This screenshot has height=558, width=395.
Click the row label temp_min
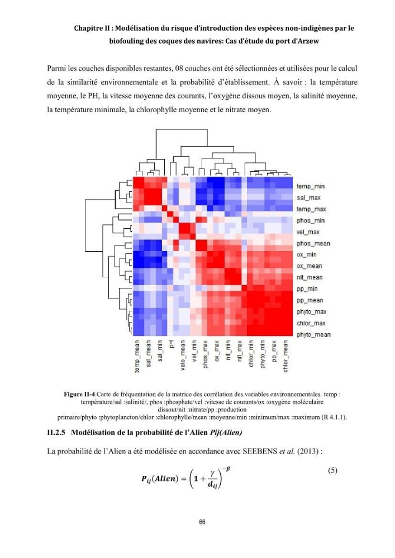[x=310, y=186]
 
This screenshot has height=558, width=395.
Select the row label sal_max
[x=308, y=198]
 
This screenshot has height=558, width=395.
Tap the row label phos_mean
[x=313, y=243]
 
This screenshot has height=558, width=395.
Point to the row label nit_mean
[x=310, y=277]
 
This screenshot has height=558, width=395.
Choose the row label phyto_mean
[x=313, y=334]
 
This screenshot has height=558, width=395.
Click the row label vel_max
[x=308, y=232]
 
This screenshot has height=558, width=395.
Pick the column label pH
[x=172, y=344]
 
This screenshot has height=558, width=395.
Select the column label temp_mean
[x=137, y=356]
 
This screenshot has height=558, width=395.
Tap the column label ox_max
[x=217, y=351]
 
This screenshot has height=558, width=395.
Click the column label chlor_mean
[x=285, y=356]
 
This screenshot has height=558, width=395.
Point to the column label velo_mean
[x=183, y=355]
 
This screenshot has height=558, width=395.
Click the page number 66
[x=202, y=522]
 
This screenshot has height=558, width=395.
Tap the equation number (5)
[x=332, y=470]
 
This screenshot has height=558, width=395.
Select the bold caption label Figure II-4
[x=79, y=395]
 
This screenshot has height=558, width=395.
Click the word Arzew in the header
[x=308, y=41]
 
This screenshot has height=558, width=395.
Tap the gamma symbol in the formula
[x=212, y=473]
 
